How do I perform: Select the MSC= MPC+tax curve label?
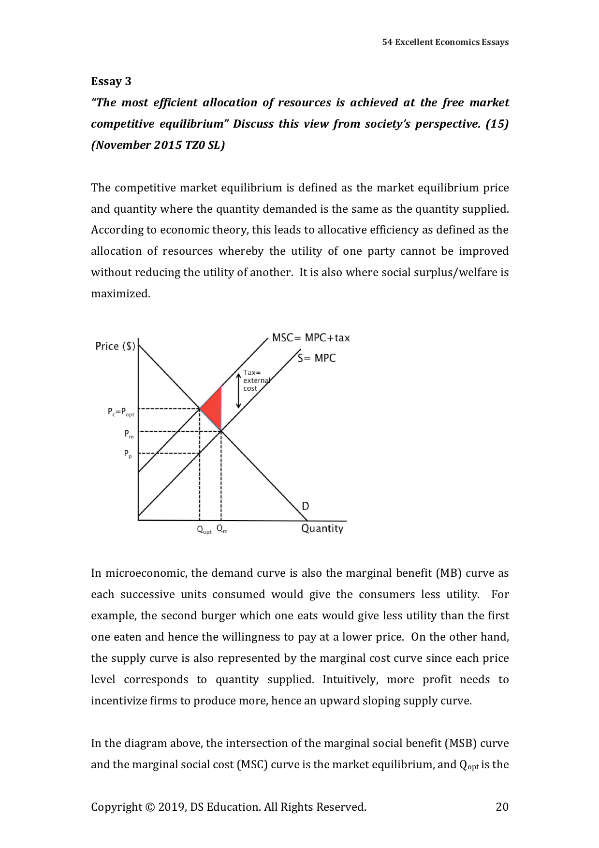pyautogui.click(x=310, y=338)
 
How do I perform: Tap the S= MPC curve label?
pyautogui.click(x=317, y=358)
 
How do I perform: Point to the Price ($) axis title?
pyautogui.click(x=115, y=346)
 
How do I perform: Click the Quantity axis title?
pyautogui.click(x=322, y=528)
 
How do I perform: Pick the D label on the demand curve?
pyautogui.click(x=306, y=506)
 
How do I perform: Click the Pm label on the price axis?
pyautogui.click(x=129, y=434)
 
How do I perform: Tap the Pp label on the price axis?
pyautogui.click(x=128, y=454)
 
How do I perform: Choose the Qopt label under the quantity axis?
pyautogui.click(x=204, y=530)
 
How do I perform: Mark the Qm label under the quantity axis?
pyautogui.click(x=222, y=529)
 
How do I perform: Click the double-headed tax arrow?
pyautogui.click(x=238, y=390)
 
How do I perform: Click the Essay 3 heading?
pyautogui.click(x=111, y=81)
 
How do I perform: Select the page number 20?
pyautogui.click(x=502, y=807)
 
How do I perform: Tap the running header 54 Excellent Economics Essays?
pyautogui.click(x=445, y=42)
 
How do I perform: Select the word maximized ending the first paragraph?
pyautogui.click(x=120, y=293)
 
